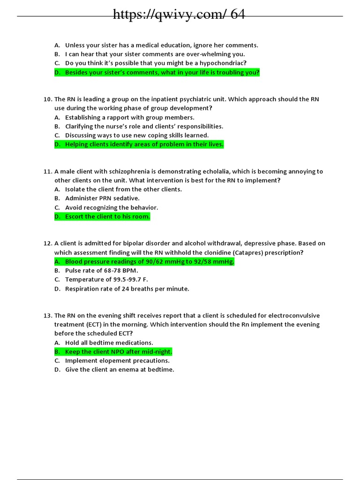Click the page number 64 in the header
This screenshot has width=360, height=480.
pyautogui.click(x=238, y=15)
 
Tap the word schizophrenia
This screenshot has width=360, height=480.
pyautogui.click(x=129, y=172)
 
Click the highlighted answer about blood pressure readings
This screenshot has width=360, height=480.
pyautogui.click(x=149, y=262)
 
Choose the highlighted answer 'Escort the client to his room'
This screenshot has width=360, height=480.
pyautogui.click(x=107, y=217)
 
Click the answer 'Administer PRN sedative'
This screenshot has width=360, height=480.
pyautogui.click(x=102, y=198)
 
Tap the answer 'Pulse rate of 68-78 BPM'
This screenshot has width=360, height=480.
pyautogui.click(x=102, y=270)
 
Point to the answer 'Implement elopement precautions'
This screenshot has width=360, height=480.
pyautogui.click(x=117, y=361)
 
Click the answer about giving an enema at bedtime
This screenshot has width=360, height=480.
pyautogui.click(x=120, y=370)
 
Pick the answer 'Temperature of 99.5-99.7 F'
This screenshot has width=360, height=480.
pyautogui.click(x=106, y=280)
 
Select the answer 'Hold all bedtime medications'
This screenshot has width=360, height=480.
pyautogui.click(x=109, y=343)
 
